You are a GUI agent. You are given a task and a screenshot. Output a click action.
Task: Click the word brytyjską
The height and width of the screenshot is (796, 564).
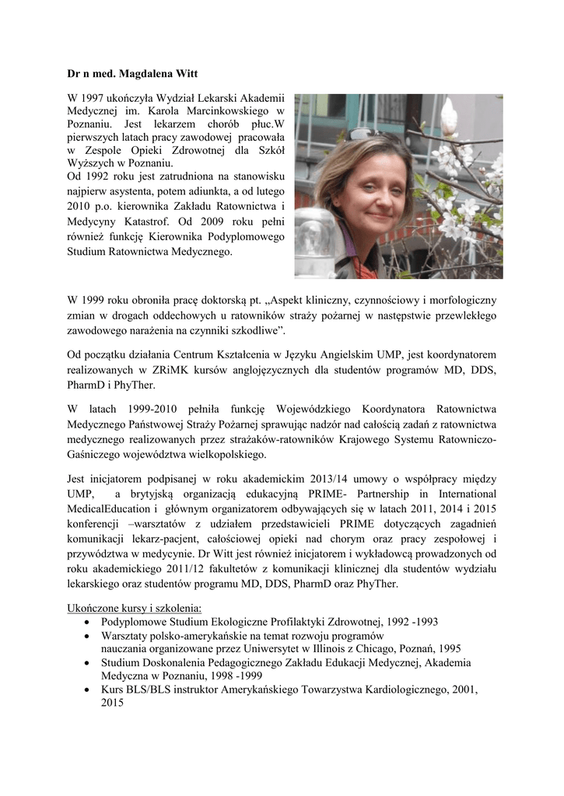click(153, 494)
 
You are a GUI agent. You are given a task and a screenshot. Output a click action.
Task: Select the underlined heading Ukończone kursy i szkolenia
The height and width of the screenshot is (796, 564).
click(134, 608)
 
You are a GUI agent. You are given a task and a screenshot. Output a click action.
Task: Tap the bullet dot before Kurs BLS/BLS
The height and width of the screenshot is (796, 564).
click(86, 690)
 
